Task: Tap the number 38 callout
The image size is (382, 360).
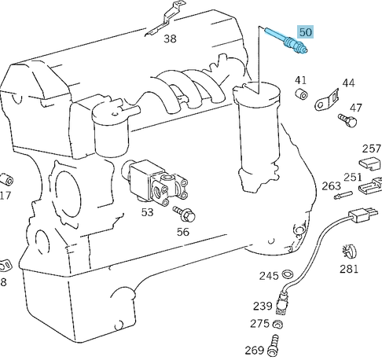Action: click(x=170, y=38)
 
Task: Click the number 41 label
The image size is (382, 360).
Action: click(x=301, y=80)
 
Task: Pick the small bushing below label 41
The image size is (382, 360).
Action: click(x=299, y=96)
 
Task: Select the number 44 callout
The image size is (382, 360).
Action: click(x=348, y=83)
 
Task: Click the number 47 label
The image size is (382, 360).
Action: click(x=356, y=108)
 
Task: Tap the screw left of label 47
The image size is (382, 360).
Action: click(x=344, y=119)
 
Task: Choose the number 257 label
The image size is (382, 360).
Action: click(x=371, y=149)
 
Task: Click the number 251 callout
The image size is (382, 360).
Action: click(x=353, y=177)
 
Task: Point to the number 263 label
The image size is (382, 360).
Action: click(x=331, y=186)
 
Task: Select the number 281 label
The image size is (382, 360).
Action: click(x=348, y=270)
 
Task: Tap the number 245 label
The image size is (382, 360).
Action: click(x=270, y=275)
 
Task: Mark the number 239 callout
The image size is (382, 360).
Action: click(x=262, y=307)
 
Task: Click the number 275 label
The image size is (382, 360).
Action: click(x=260, y=324)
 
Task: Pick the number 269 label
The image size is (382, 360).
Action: click(x=255, y=350)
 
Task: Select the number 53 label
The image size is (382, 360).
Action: click(x=147, y=211)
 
